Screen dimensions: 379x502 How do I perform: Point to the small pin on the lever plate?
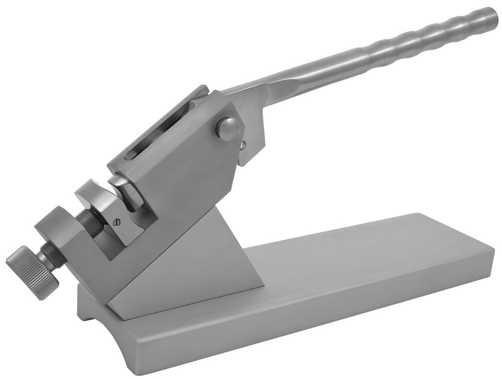243,145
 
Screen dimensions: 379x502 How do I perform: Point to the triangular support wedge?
206,255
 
